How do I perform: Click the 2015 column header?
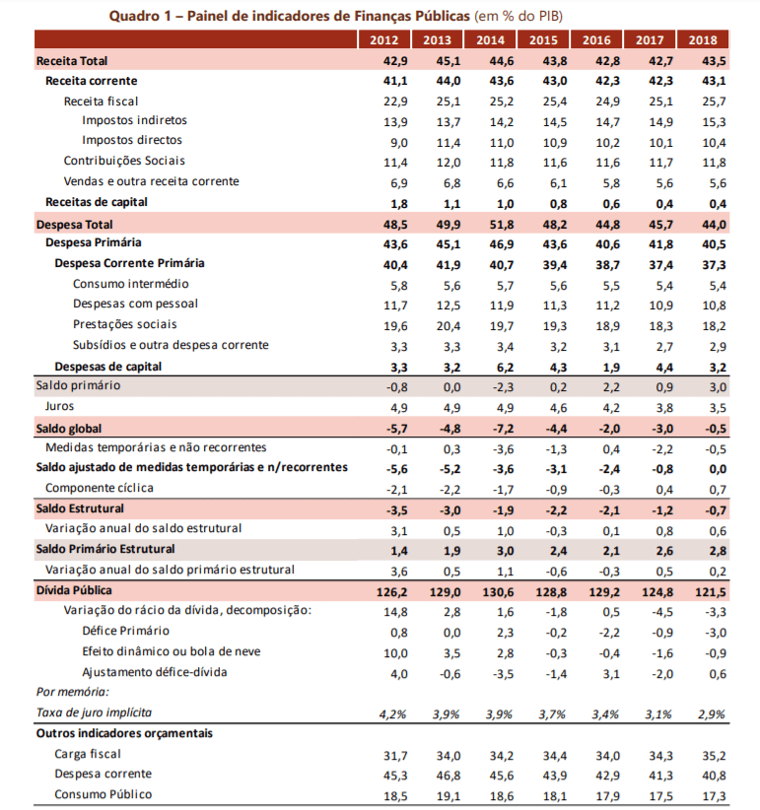pyautogui.click(x=543, y=40)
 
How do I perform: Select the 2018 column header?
pyautogui.click(x=704, y=40)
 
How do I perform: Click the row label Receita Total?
pyautogui.click(x=72, y=61)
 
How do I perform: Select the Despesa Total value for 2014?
pyautogui.click(x=491, y=225)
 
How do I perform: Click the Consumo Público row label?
pyautogui.click(x=104, y=794)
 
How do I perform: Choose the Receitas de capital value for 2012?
pyautogui.click(x=384, y=203)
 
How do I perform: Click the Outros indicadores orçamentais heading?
pyautogui.click(x=124, y=733)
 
